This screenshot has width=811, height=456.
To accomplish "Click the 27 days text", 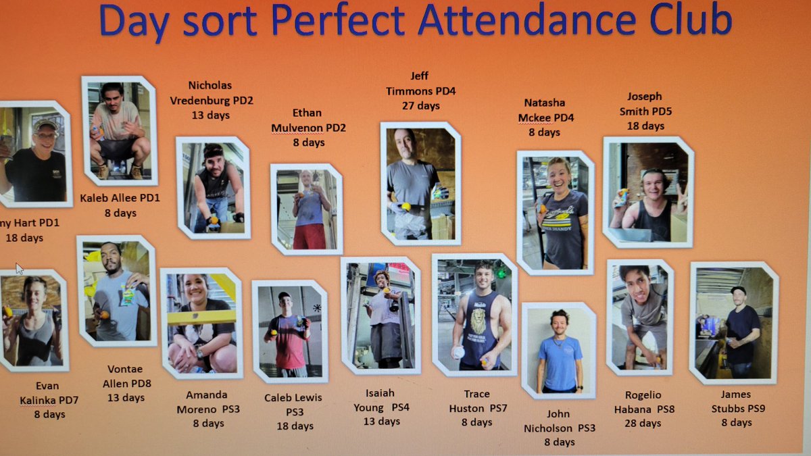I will click(420, 106).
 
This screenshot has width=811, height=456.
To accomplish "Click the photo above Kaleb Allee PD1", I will click(120, 130).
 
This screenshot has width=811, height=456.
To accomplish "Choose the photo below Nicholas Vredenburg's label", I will click(213, 187).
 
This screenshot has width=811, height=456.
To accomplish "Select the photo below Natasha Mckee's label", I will click(556, 211).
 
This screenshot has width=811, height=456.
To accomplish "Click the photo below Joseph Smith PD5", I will click(647, 192).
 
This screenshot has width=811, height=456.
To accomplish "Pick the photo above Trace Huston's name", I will click(474, 314).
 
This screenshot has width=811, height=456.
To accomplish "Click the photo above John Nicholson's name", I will click(559, 350).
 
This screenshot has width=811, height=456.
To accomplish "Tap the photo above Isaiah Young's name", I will click(380, 315).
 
